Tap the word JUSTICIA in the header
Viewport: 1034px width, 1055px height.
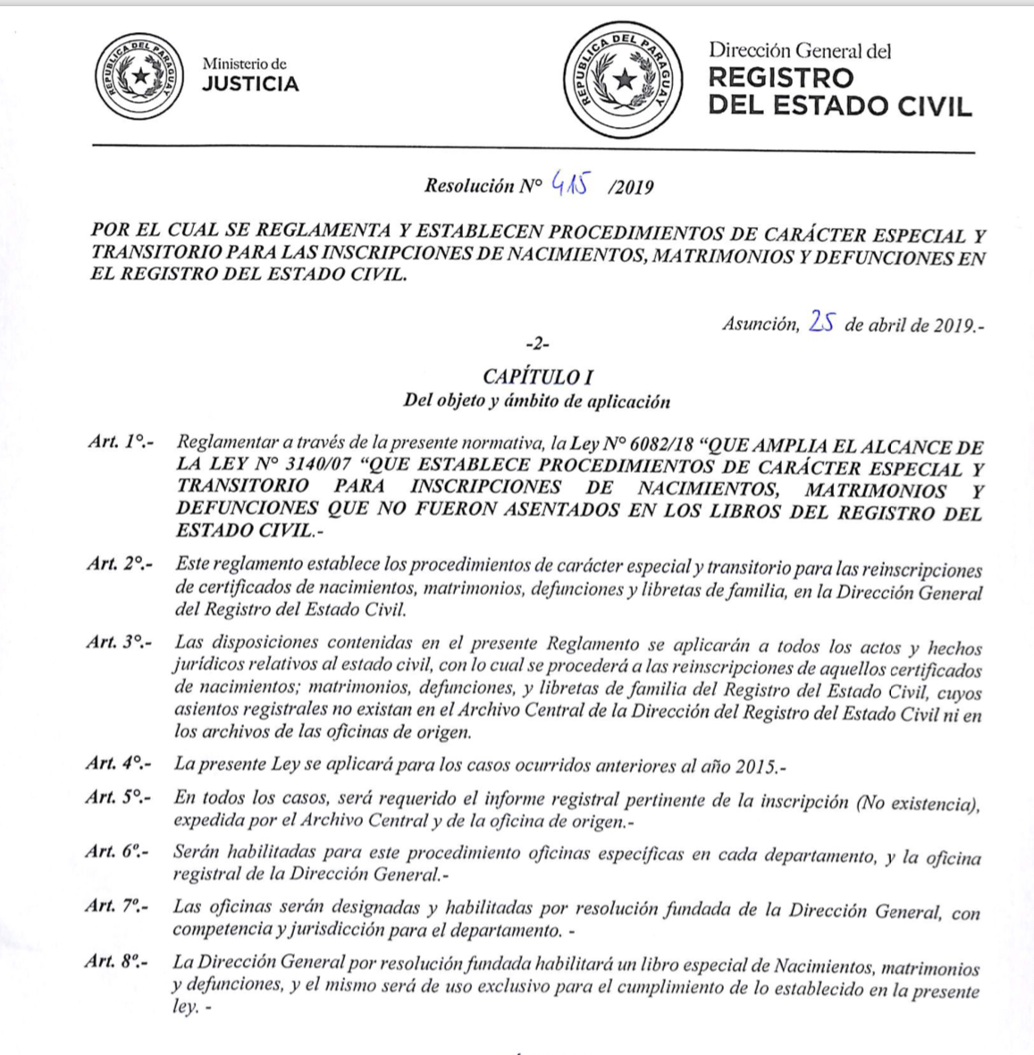(250, 85)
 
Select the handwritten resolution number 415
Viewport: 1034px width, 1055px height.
(572, 183)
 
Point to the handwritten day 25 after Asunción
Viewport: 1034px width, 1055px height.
(821, 322)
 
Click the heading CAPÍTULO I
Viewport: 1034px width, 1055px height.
(537, 377)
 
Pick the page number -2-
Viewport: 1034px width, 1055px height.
(537, 344)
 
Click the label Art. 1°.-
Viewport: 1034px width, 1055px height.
(121, 442)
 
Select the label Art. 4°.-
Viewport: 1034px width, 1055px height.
(119, 764)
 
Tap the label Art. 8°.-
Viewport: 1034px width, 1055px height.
(117, 962)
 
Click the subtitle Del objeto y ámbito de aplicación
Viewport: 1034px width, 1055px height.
(536, 401)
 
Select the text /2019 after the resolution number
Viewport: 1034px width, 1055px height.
(630, 187)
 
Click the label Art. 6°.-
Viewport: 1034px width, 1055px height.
(117, 851)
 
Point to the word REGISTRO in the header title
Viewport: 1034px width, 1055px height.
(781, 78)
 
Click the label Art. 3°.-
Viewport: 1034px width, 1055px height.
(119, 642)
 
